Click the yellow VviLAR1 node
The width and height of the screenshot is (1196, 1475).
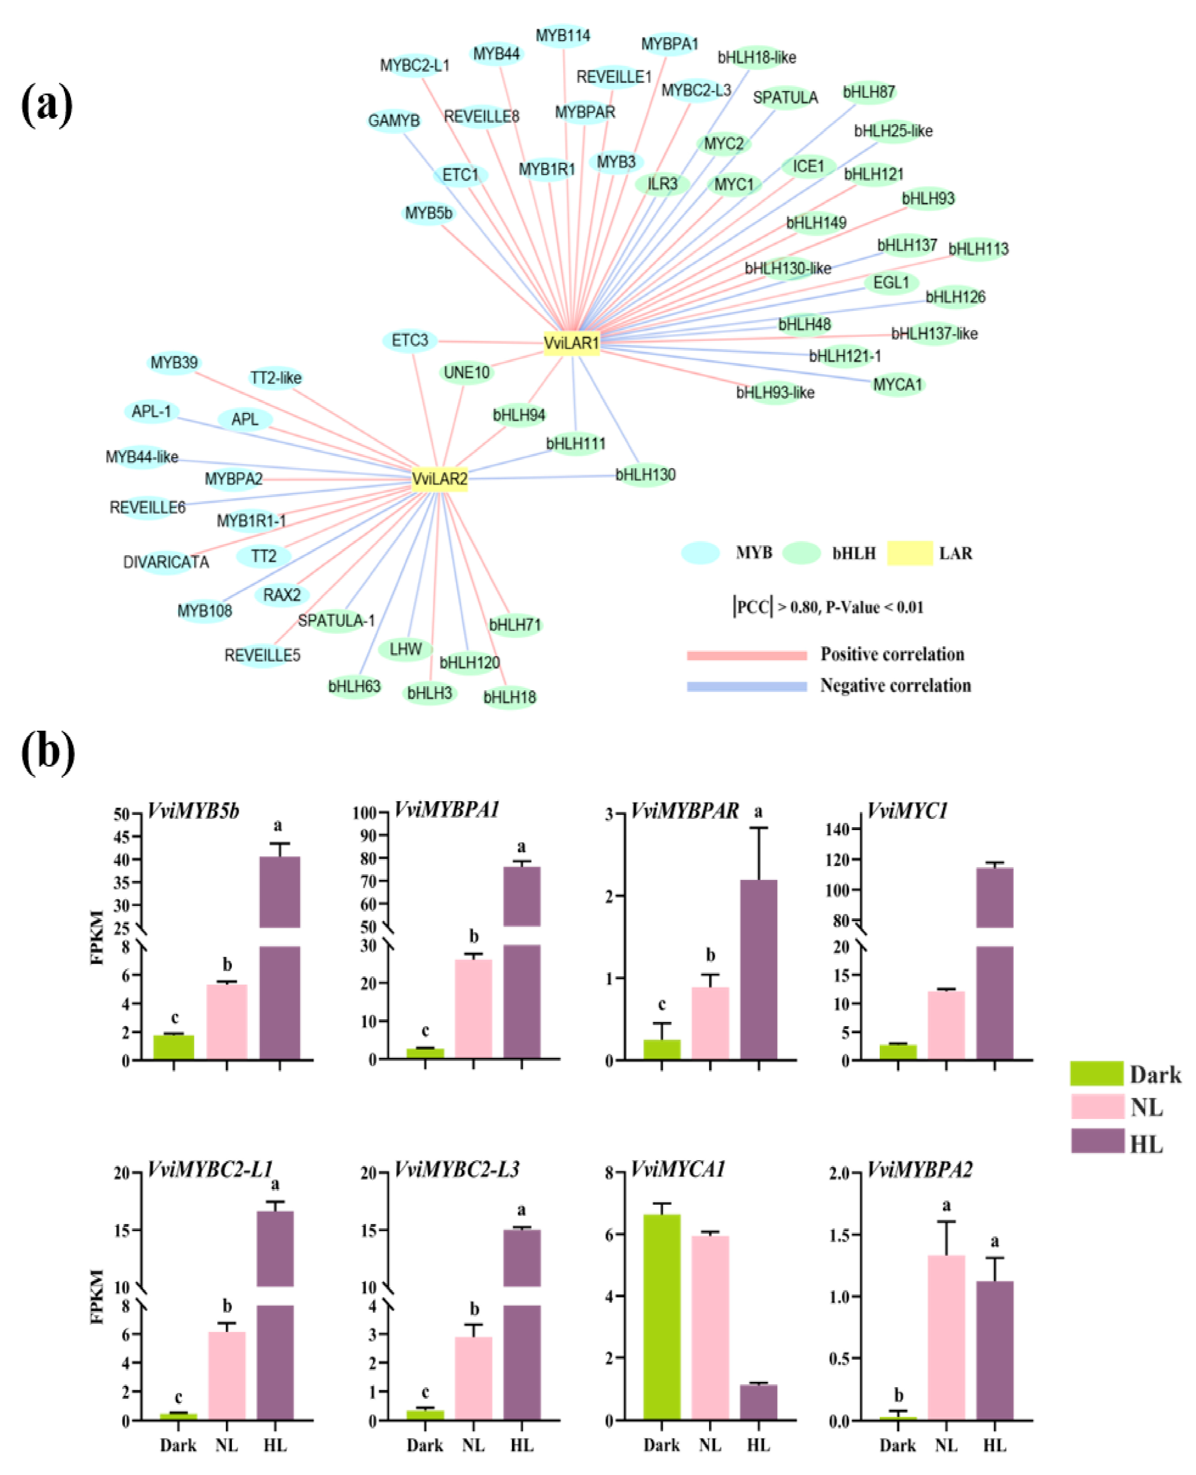tap(571, 342)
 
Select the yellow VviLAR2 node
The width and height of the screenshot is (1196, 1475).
tap(439, 478)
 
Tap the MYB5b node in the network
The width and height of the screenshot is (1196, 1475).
tap(428, 213)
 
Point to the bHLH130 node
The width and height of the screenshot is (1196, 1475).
tap(645, 474)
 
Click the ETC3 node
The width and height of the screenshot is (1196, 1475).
tap(410, 340)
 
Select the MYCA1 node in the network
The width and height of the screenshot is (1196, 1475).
tap(897, 384)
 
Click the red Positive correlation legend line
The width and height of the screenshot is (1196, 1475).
tap(746, 655)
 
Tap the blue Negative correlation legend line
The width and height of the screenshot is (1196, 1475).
tap(746, 687)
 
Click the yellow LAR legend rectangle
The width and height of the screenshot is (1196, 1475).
tap(909, 553)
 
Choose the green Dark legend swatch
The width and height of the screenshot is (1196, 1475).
tap(1096, 1073)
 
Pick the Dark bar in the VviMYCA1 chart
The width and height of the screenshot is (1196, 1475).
tap(661, 1316)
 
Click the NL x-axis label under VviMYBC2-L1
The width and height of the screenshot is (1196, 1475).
tap(226, 1445)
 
